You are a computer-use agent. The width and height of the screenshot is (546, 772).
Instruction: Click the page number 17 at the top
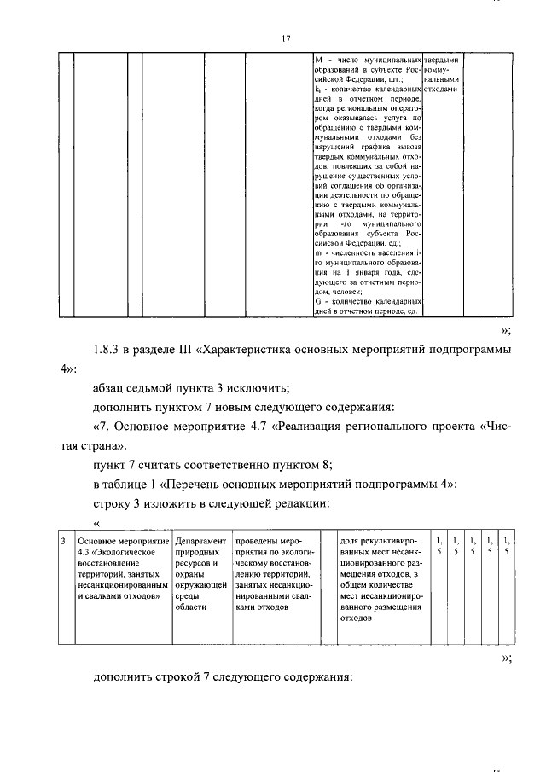pyautogui.click(x=285, y=38)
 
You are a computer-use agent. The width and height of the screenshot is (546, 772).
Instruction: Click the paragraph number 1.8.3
pyautogui.click(x=110, y=350)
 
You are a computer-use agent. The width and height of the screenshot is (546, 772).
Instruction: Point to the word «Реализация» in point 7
pyautogui.click(x=322, y=425)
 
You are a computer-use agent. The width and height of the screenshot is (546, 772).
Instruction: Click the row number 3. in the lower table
pyautogui.click(x=65, y=540)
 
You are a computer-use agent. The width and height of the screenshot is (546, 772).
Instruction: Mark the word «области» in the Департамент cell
pyautogui.click(x=189, y=608)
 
